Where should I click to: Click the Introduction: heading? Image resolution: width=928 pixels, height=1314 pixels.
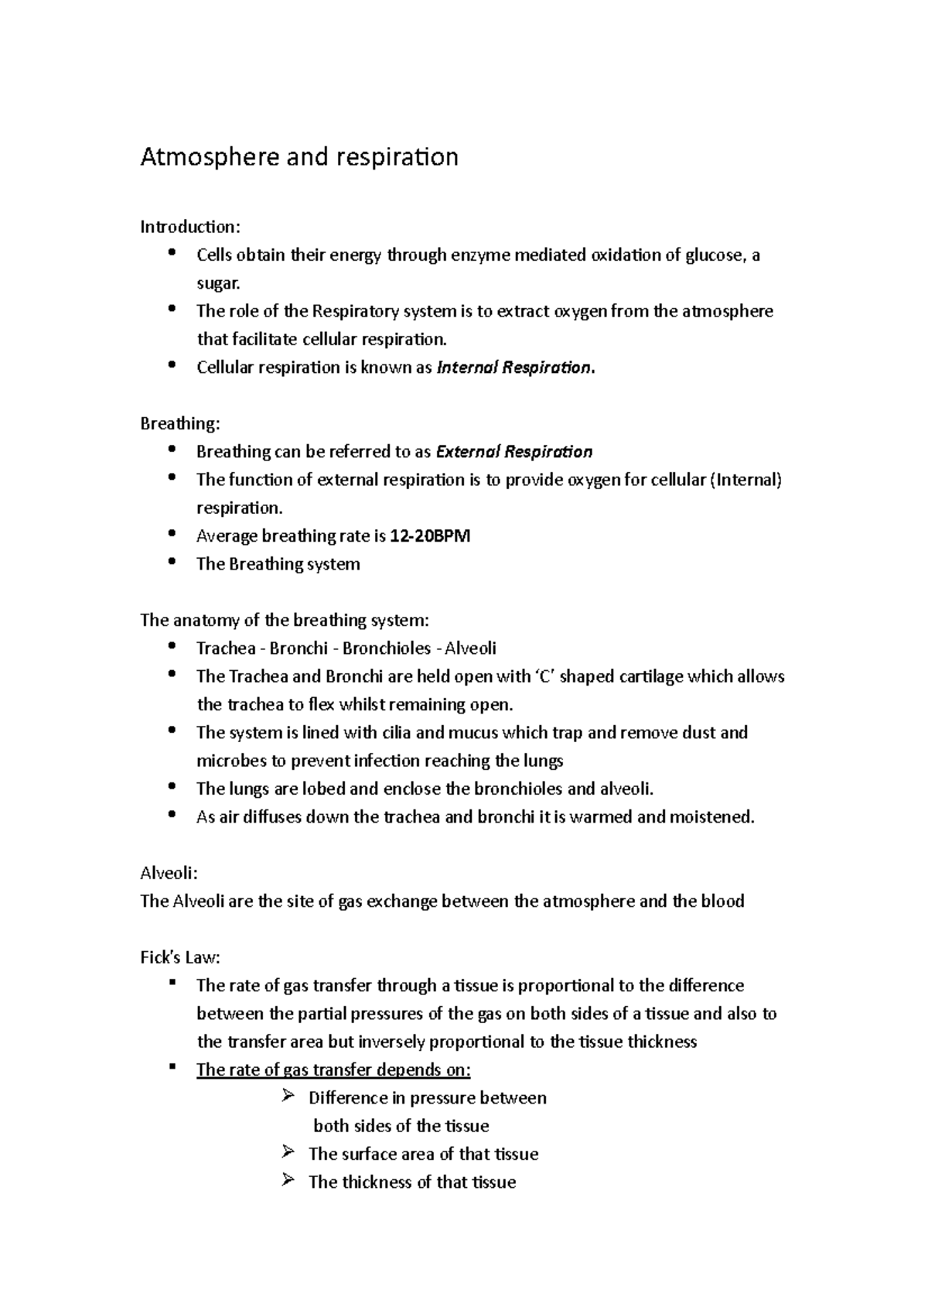coord(190,227)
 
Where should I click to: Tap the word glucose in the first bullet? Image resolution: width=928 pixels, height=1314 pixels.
coord(714,255)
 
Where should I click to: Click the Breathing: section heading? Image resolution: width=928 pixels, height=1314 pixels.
coord(179,423)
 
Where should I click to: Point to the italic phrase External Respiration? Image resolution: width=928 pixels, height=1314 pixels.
coord(514,452)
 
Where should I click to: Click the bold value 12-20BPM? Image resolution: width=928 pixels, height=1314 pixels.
coord(430,536)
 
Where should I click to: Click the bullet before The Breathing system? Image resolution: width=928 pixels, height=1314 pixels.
coord(172,562)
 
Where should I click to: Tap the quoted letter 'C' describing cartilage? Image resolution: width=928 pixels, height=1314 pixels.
coord(544,676)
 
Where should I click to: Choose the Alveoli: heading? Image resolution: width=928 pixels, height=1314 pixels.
coord(169,874)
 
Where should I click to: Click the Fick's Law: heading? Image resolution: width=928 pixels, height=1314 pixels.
coord(180,958)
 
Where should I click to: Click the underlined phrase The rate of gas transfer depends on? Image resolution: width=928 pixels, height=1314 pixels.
coord(333,1070)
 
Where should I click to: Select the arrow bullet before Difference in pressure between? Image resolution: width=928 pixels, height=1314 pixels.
coord(289,1097)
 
